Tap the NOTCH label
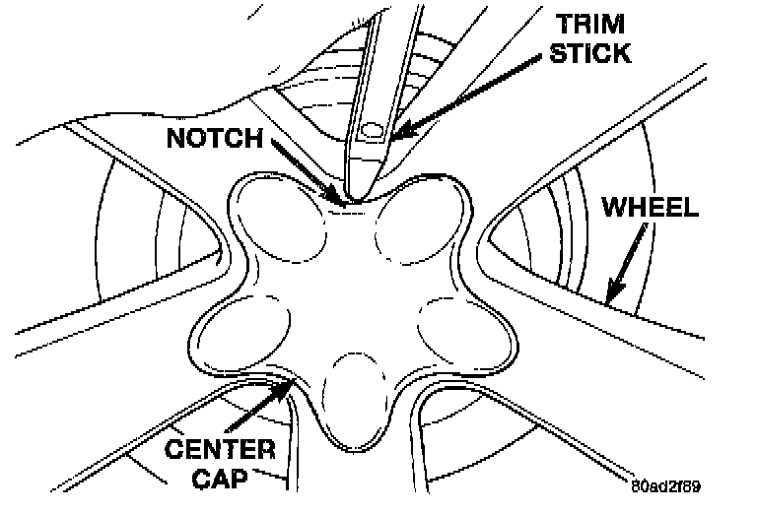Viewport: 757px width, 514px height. [214, 137]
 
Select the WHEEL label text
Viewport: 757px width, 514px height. [650, 209]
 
